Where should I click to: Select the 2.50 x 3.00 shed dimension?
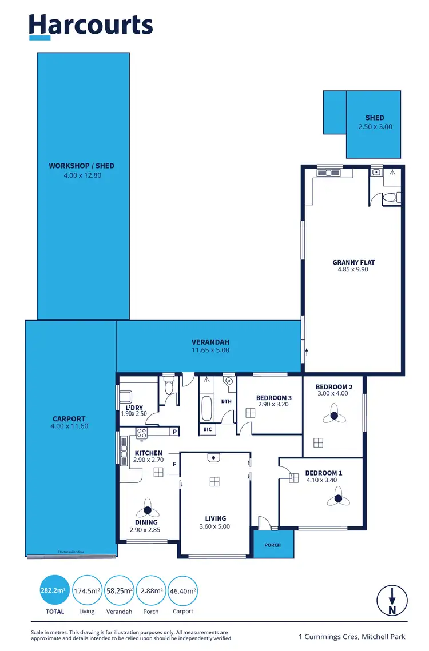coord(375,127)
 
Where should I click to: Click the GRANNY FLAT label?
coord(353,262)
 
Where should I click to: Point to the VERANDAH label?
coord(210,342)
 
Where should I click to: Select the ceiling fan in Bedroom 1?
coord(339,499)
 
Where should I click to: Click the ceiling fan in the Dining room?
coord(147,510)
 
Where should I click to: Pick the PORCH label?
coord(273,545)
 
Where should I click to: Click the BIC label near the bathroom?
coord(207,429)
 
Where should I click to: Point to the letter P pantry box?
coord(174,432)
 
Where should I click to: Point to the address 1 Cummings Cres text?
coord(353,636)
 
